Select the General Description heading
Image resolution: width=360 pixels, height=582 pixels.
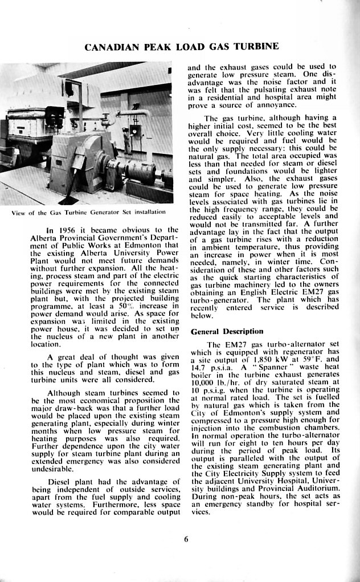tap(227, 331)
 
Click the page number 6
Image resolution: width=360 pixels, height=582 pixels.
tap(186, 540)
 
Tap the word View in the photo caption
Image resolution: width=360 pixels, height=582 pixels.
tap(19, 213)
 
